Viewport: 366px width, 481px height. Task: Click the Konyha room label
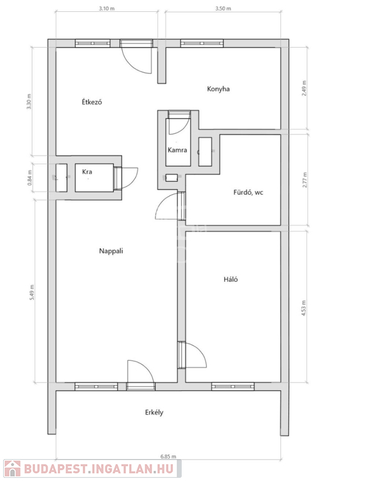pos(218,89)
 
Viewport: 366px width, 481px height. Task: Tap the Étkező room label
pos(91,101)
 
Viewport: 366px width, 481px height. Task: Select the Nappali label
pos(111,251)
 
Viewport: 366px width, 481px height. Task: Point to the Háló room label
pos(231,279)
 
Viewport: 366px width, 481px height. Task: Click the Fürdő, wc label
pos(248,193)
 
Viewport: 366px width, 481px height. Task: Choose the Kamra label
pos(177,150)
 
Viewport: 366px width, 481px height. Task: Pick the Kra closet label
pos(87,172)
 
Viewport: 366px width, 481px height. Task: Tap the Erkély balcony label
pos(154,412)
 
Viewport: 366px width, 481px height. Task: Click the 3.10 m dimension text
pos(107,9)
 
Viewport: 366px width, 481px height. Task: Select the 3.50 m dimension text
pos(223,9)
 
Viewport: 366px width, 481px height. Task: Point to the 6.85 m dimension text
pos(168,457)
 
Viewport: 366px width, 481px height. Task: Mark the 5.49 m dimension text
pos(32,292)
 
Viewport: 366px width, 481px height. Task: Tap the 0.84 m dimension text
pos(30,178)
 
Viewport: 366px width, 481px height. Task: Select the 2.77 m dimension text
pos(304,180)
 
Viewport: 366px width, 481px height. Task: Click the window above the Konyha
pos(202,43)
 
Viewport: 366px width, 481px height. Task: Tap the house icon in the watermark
pos(13,468)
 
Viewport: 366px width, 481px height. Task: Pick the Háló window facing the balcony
pos(233,386)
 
